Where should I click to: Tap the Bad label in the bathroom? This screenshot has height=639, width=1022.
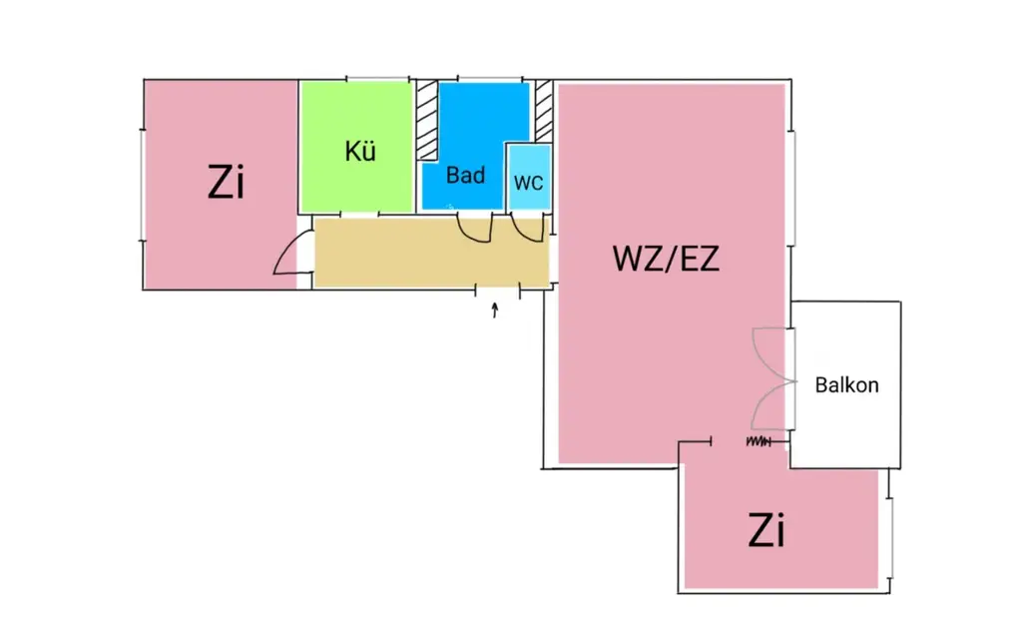coord(465,176)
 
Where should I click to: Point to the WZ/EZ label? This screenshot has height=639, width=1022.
coord(666,259)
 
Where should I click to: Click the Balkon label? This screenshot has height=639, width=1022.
coord(847,384)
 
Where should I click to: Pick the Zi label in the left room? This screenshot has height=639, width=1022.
coord(228,183)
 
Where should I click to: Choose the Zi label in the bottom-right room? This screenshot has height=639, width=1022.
coord(766,532)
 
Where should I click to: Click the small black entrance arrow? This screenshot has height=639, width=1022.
coord(495,311)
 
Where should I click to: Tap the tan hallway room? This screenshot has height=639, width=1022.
coord(399,254)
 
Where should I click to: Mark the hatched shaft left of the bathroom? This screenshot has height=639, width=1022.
coord(427,120)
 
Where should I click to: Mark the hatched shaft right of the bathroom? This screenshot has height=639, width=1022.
coord(544,110)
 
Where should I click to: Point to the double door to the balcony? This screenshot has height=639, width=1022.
coord(769,379)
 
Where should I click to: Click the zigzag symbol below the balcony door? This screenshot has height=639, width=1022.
coord(759,440)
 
